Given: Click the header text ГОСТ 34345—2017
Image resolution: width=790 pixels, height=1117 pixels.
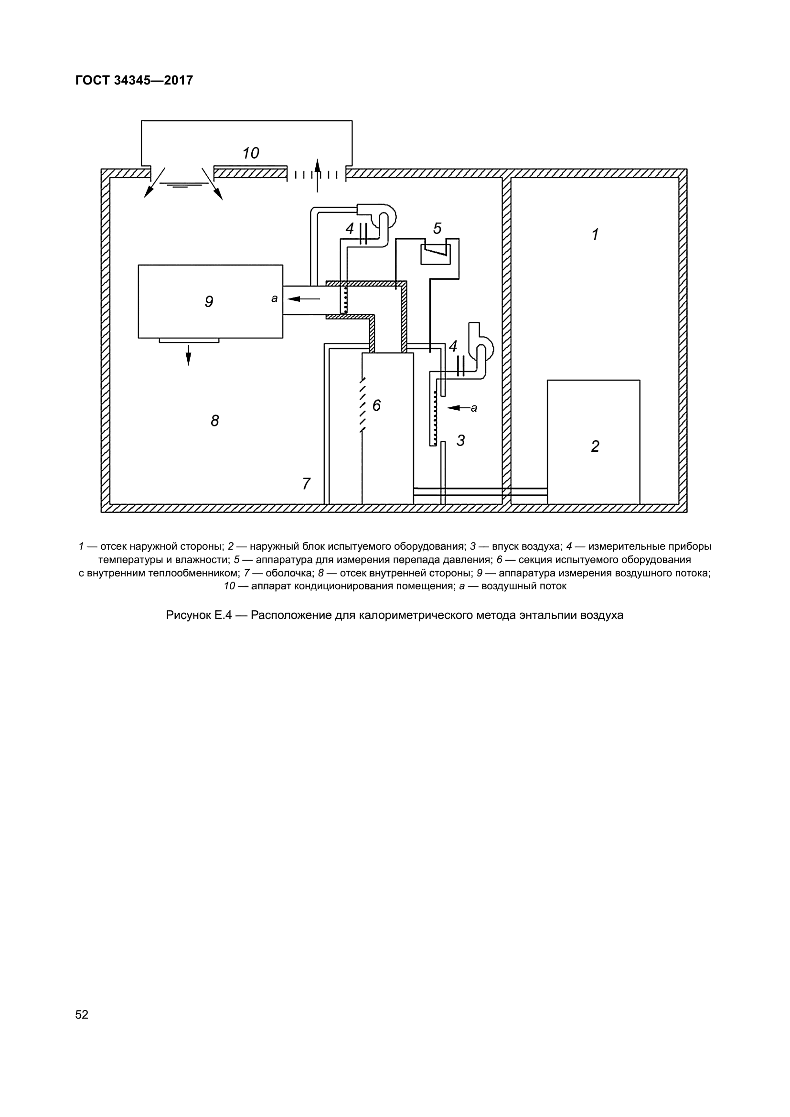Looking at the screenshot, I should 134,80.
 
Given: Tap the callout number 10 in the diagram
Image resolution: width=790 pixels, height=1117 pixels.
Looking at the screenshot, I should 251,153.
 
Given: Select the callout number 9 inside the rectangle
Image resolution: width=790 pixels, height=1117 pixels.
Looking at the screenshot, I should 209,302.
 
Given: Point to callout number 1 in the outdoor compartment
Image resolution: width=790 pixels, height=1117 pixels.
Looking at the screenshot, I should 595,234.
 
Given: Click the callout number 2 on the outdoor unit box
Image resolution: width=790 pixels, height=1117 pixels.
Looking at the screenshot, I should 595,446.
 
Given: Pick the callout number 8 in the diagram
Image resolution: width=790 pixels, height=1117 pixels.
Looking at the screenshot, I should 214,420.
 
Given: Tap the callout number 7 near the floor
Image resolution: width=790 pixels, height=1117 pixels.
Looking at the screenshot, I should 306,484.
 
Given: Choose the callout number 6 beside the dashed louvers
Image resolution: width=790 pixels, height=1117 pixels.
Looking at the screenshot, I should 376,405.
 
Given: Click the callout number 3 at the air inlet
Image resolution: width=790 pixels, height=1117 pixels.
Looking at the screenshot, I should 460,440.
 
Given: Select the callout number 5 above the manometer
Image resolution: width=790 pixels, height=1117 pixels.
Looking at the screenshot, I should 438,228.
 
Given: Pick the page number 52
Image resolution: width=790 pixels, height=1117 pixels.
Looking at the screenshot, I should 82,1014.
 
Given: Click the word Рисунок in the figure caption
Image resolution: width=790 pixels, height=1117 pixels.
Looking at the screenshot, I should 189,615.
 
